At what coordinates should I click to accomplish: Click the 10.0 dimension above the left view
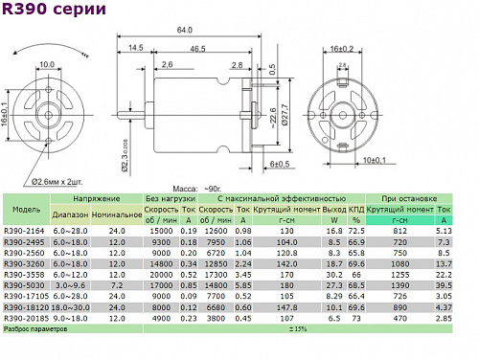click(x=47, y=65)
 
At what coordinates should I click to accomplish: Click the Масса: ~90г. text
click(x=197, y=189)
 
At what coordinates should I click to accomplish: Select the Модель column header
click(x=21, y=208)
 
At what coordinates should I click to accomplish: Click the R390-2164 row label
click(x=24, y=231)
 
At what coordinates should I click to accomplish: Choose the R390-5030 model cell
click(x=24, y=284)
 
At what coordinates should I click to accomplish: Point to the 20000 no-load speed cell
click(x=158, y=274)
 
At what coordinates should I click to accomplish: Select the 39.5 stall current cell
click(x=443, y=284)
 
